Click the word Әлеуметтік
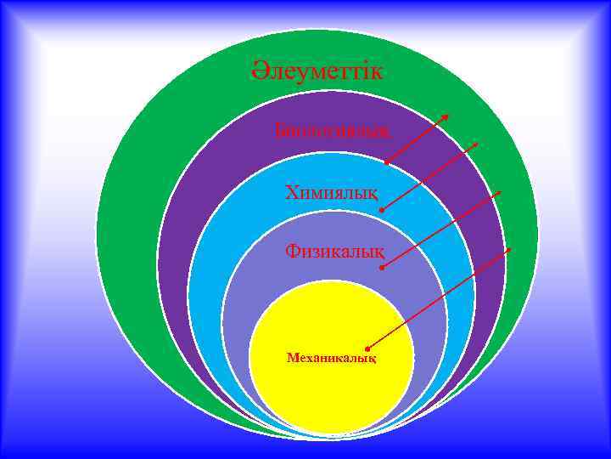coord(317,70)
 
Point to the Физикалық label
coord(334,252)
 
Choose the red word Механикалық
coord(331,358)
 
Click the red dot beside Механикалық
coord(368,348)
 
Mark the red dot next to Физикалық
coord(382,268)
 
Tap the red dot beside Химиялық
coord(382,209)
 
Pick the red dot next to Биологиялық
coord(385,162)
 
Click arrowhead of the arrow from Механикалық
coord(510,248)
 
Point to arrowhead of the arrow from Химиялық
coord(477,144)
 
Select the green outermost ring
coord(136,255)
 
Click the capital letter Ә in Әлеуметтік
coord(259,70)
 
